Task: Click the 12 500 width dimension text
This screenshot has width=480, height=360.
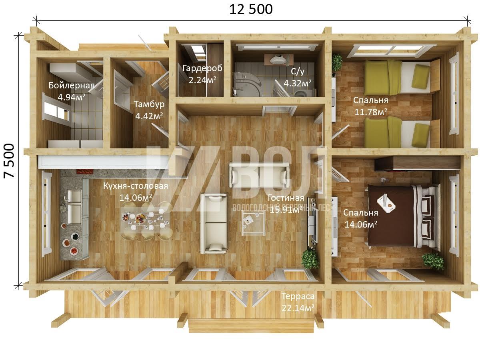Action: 251,10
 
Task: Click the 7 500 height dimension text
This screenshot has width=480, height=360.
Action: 10,161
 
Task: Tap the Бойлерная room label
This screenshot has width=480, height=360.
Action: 72,85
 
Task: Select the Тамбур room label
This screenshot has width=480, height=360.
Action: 149,104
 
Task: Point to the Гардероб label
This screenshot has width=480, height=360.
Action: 202,68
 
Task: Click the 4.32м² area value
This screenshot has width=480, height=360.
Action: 298,83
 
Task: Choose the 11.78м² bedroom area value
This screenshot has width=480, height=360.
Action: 370,112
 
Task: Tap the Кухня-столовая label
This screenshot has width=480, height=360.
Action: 136,186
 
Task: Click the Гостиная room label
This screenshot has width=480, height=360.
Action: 286,198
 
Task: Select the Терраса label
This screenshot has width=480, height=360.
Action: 298,296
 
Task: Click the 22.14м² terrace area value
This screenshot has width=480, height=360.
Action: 298,308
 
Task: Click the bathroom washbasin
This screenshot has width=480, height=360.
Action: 278,60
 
